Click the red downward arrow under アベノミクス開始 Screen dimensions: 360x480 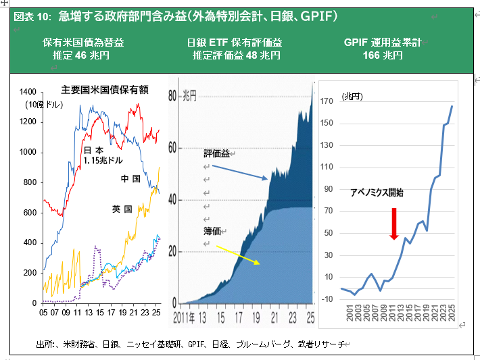(393, 224)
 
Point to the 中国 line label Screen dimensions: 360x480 (130, 179)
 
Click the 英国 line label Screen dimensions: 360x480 (122, 210)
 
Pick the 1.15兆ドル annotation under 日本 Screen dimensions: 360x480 (103, 161)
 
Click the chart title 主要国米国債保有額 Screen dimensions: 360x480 (105, 89)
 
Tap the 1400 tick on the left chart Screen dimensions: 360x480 (28, 92)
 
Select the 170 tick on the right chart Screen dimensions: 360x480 (327, 102)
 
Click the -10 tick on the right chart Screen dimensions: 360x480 (327, 299)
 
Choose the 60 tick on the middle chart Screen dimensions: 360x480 (172, 148)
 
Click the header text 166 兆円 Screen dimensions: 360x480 (383, 55)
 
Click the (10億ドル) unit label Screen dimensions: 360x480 (44, 105)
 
